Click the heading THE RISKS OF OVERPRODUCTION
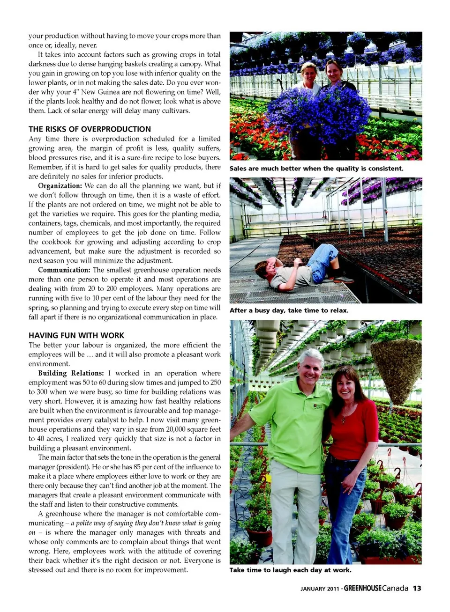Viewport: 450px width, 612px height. (x=90, y=129)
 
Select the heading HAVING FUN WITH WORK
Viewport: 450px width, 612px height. (x=76, y=335)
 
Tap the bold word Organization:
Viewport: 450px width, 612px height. (x=60, y=186)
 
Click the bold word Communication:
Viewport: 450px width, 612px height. (x=64, y=270)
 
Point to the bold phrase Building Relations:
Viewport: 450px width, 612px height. (x=71, y=373)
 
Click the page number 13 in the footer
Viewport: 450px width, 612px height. (x=417, y=589)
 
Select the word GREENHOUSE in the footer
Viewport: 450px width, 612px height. (x=362, y=589)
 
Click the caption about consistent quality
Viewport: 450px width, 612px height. (x=316, y=169)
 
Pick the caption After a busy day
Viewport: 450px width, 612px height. (x=289, y=310)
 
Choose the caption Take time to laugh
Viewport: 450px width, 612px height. (x=290, y=570)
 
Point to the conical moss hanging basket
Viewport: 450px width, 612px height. (x=396, y=370)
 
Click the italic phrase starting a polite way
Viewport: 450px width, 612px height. (x=147, y=523)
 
